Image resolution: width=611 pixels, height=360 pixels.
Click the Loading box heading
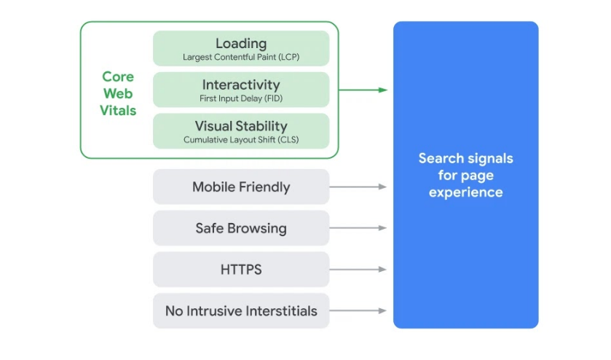pos(241,43)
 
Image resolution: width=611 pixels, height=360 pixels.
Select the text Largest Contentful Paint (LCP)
pos(241,56)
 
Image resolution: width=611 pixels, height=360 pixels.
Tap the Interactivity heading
pos(241,85)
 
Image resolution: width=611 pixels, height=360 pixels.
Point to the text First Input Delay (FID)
pos(241,98)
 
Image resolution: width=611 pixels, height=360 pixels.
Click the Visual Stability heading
pos(241,126)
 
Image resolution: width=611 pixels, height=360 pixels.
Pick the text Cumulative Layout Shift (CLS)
pos(241,139)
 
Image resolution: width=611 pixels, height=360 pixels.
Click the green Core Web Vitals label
pos(118,94)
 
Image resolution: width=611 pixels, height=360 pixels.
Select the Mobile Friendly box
pos(241,187)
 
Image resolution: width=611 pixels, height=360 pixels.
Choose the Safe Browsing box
pos(241,228)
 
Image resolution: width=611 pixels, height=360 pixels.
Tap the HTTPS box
pos(241,270)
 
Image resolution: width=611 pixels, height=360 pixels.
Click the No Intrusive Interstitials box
pos(241,311)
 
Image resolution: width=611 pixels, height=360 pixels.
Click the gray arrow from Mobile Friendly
pos(358,187)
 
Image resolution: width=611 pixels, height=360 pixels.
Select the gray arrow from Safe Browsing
pos(358,228)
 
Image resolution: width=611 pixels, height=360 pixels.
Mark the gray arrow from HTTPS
pos(358,270)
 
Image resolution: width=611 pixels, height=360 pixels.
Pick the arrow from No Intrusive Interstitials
pos(358,311)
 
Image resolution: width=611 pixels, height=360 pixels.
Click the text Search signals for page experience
pos(465,175)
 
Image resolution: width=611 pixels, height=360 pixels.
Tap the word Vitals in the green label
pos(119,111)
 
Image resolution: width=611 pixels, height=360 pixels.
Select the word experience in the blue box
pos(465,192)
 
